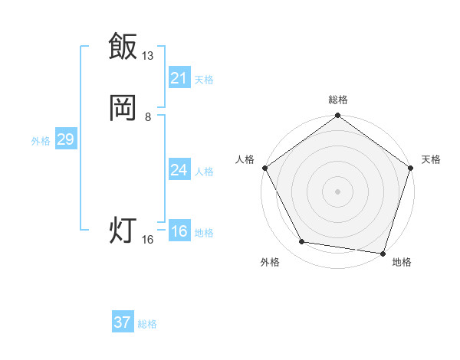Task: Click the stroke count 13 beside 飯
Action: (x=148, y=56)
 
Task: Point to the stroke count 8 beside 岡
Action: (x=148, y=117)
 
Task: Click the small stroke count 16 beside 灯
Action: (x=148, y=240)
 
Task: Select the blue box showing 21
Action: (x=179, y=78)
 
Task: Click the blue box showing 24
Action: (x=179, y=170)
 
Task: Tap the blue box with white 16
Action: (x=179, y=231)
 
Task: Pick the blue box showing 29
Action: (x=65, y=139)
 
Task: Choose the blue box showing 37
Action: (x=122, y=322)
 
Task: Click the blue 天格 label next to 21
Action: (x=204, y=80)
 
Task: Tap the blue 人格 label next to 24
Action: (x=204, y=172)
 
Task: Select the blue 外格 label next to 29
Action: (x=41, y=141)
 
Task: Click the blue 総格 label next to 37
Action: (x=147, y=324)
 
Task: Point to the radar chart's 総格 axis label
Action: (x=337, y=100)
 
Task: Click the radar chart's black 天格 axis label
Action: (x=431, y=159)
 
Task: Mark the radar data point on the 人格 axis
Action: (x=264, y=168)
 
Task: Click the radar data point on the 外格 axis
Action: (x=302, y=242)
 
